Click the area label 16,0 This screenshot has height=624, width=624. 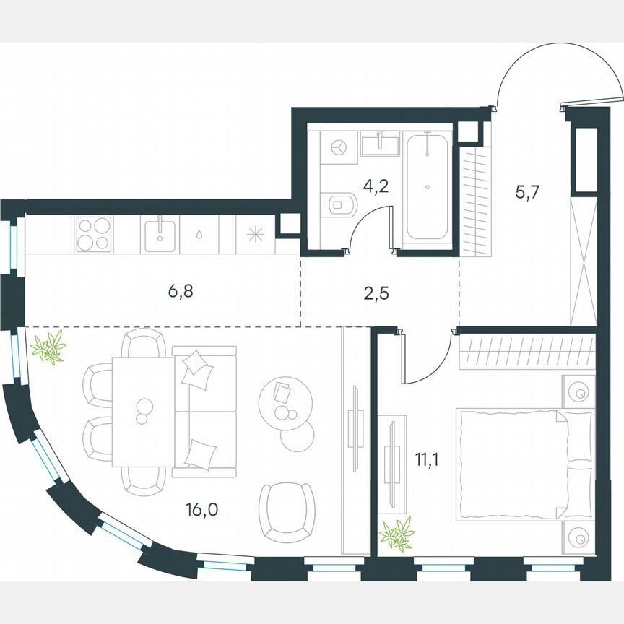[x=202, y=510]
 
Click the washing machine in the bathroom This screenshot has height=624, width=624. [x=338, y=147]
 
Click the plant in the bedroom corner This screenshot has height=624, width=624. [x=396, y=535]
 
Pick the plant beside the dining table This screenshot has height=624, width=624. [x=49, y=347]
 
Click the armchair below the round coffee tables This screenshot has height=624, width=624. [x=287, y=511]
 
